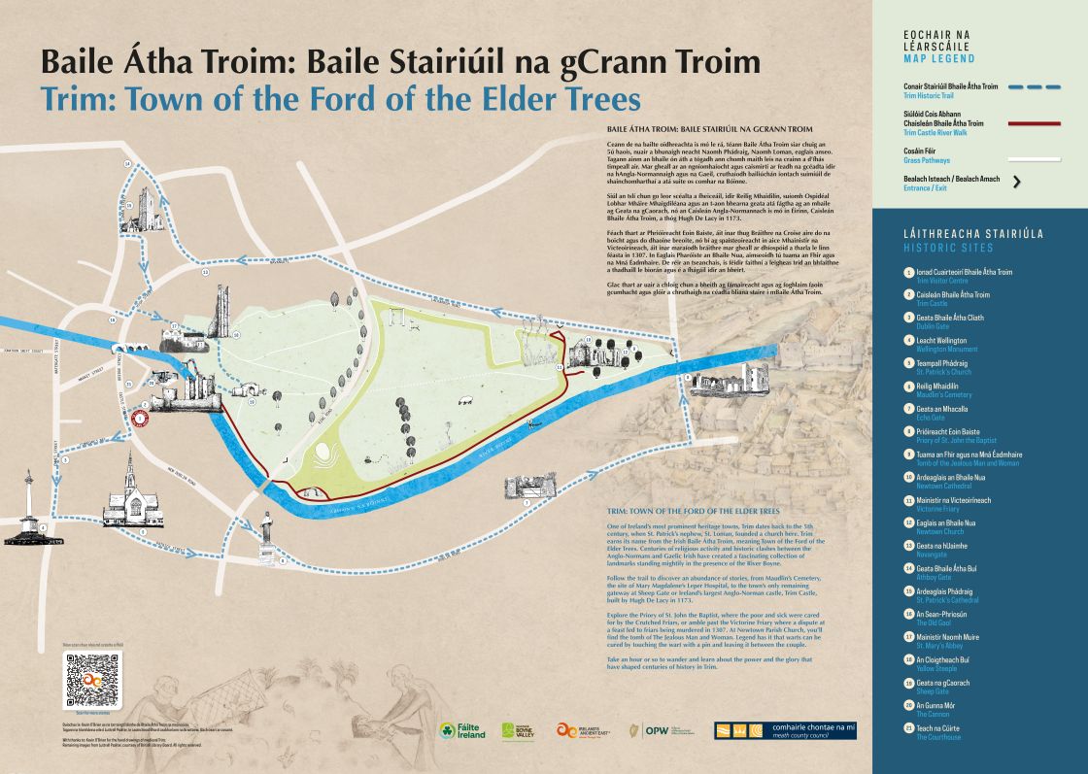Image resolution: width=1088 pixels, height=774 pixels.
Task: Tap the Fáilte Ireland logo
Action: click(460, 730)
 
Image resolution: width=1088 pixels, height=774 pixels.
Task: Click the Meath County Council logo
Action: click(785, 730)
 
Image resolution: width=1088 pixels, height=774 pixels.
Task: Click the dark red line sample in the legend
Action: click(1035, 123)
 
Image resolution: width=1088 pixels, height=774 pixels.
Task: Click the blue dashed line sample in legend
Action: click(1035, 86)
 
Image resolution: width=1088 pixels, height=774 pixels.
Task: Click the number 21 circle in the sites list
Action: click(907, 728)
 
